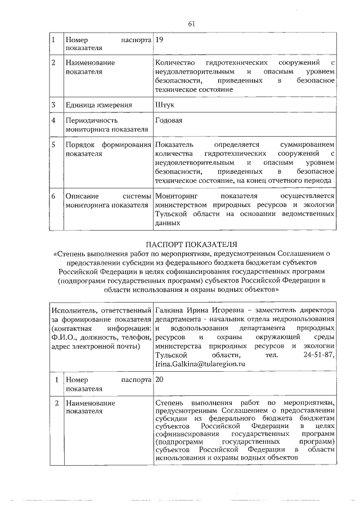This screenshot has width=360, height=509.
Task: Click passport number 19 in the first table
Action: point(159,41)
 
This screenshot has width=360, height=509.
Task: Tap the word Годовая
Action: point(168,120)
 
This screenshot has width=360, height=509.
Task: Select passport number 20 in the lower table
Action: point(160,380)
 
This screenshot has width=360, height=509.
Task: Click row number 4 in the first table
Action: point(53,120)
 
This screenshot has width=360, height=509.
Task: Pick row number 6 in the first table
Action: point(53,196)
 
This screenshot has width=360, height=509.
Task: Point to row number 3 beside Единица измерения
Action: point(53,105)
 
